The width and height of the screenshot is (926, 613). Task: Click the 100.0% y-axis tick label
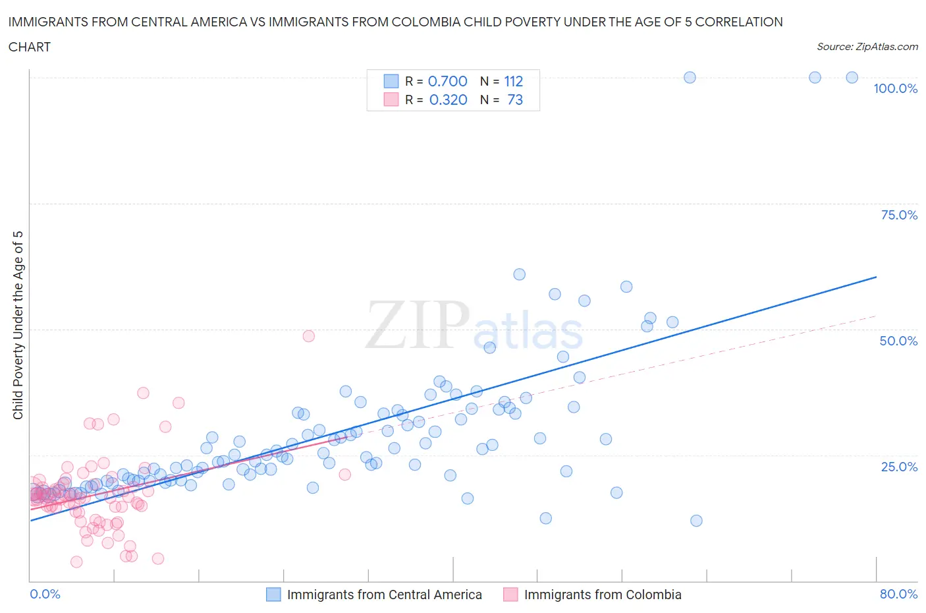coord(895,88)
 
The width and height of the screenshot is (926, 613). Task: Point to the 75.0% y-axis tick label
coord(899,215)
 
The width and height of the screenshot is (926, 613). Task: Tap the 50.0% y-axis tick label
coord(898,341)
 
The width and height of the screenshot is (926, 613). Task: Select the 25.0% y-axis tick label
coord(899,467)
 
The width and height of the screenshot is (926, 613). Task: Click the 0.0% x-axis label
coord(45,594)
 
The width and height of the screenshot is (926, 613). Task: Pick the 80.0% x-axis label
coord(898,594)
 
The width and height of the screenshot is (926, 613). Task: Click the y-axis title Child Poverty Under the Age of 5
coord(18,325)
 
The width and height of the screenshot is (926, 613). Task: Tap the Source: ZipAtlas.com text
coord(867,46)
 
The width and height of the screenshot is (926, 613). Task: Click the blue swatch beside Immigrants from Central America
coord(273,595)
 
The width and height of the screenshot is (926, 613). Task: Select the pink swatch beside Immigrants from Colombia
coord(510,595)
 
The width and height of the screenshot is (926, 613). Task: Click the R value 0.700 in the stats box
coord(448,81)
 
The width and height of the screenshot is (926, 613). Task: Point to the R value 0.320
coord(448,100)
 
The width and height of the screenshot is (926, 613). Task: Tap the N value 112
coord(514,81)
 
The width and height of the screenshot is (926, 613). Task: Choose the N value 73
coord(515,100)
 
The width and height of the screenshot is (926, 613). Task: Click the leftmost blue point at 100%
coord(690,77)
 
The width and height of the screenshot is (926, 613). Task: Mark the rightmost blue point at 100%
coord(852,77)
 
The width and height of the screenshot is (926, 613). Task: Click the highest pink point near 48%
coord(308,336)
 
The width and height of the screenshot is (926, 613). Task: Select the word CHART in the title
coord(30,47)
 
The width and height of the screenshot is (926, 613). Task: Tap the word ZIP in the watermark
coord(418,324)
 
